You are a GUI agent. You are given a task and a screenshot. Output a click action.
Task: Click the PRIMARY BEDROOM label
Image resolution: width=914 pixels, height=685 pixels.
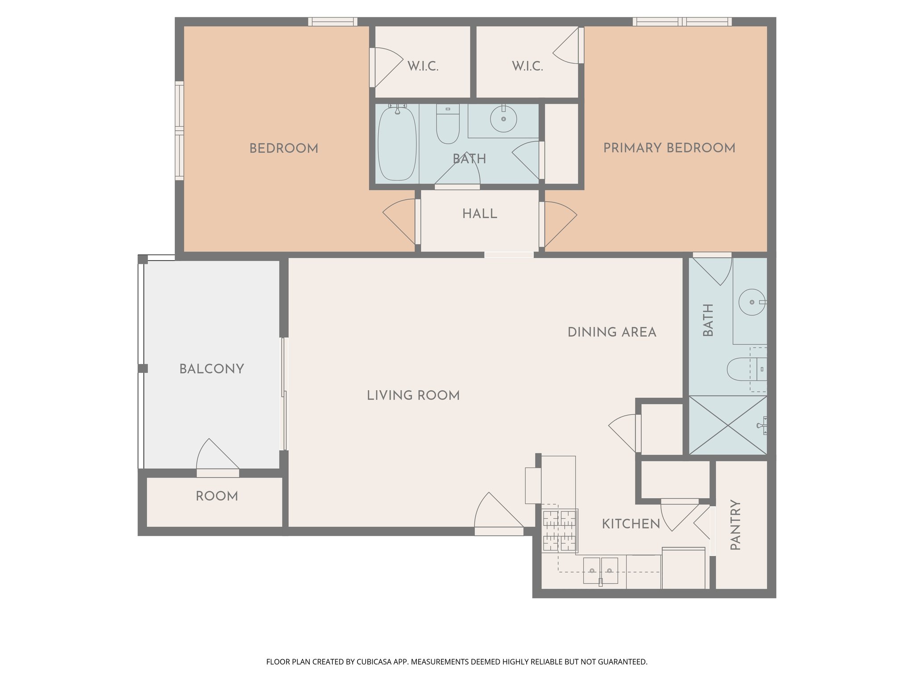click(669, 148)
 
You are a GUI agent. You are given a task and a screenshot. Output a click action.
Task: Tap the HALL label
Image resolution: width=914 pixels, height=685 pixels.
click(479, 214)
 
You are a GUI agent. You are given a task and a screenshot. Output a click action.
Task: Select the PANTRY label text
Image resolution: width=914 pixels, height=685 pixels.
click(735, 525)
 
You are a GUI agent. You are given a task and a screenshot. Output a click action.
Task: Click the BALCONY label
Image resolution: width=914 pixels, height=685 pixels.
click(212, 369)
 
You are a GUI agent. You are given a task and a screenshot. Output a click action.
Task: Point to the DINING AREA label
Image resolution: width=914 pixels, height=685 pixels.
click(612, 332)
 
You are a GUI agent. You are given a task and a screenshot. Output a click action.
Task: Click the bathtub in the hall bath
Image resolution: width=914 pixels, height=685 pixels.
click(397, 143)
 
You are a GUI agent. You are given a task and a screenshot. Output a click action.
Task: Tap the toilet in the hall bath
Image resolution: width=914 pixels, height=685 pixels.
click(448, 124)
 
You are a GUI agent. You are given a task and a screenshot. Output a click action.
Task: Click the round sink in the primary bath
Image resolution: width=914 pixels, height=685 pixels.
click(752, 302)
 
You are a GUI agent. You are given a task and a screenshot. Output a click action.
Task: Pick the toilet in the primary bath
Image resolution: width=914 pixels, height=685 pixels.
click(745, 369)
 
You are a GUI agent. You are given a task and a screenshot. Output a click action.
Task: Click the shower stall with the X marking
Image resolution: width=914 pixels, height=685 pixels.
click(728, 425)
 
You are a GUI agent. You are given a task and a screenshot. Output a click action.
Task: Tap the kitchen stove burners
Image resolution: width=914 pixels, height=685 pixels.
click(560, 530)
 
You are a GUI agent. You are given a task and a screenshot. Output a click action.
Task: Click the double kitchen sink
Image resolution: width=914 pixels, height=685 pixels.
click(601, 570)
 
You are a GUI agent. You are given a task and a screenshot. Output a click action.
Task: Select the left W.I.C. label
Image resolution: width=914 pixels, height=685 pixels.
click(423, 66)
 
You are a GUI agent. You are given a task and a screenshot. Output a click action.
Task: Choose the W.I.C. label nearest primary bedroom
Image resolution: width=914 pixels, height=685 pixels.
click(527, 66)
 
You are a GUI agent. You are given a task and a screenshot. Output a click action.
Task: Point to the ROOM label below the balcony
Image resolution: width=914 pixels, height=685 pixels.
click(217, 496)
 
